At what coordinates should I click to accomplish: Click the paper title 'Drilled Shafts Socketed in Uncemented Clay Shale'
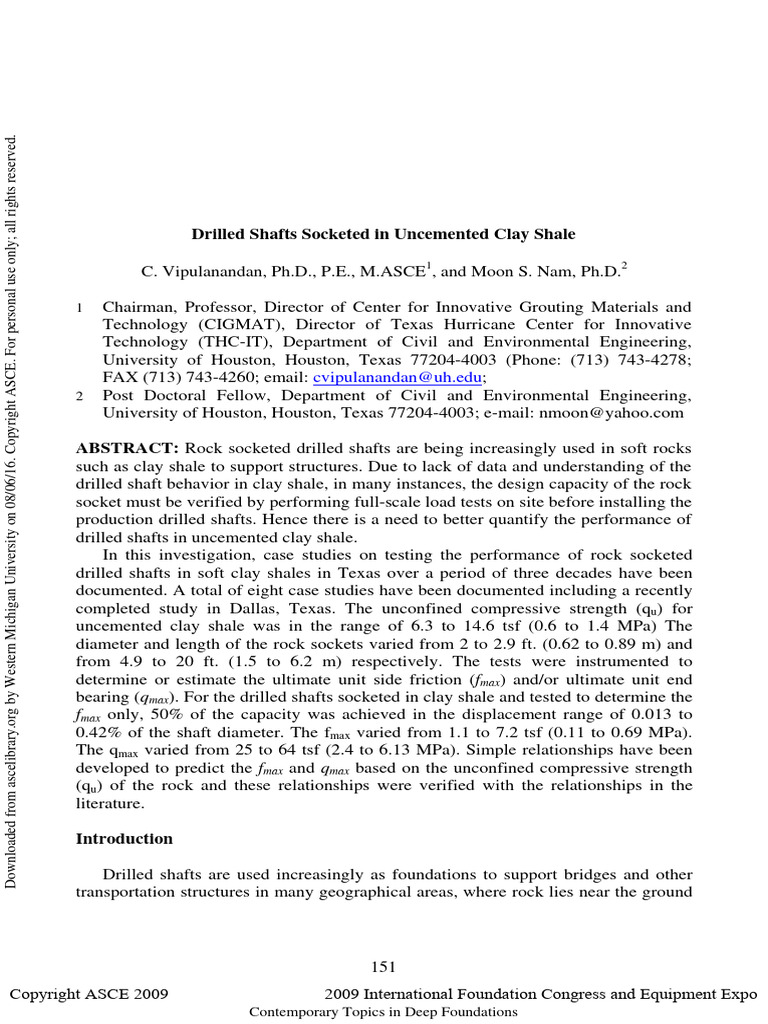click(x=383, y=234)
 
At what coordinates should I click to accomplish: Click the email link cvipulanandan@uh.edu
click(x=398, y=377)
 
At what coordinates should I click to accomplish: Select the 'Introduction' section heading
click(x=124, y=839)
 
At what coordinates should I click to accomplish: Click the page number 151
click(x=383, y=966)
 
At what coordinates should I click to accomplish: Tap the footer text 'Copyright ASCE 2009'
click(x=89, y=994)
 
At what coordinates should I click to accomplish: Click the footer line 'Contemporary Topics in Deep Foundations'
click(x=383, y=1012)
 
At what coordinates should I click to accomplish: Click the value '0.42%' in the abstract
click(x=99, y=731)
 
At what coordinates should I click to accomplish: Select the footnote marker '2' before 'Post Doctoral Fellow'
click(x=80, y=395)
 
